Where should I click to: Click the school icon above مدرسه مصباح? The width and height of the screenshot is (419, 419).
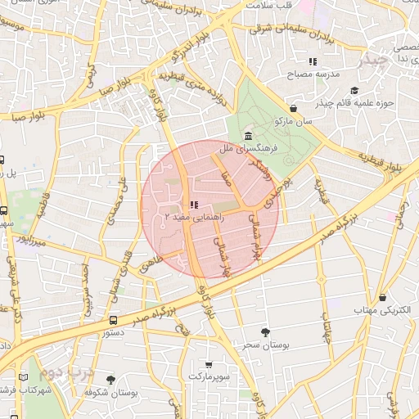(x=312, y=61)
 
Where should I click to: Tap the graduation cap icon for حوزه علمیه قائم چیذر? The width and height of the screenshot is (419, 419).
(x=354, y=90)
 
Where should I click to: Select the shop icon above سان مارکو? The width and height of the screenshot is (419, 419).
(x=294, y=108)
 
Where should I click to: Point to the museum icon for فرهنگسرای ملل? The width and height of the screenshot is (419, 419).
(x=247, y=137)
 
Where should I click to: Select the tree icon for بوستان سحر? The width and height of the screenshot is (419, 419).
(x=265, y=331)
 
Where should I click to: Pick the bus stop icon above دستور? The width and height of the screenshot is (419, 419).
(x=113, y=320)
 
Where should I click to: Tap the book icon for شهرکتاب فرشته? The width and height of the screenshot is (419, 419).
(x=23, y=377)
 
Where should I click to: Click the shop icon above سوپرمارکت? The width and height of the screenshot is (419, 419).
(x=209, y=363)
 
